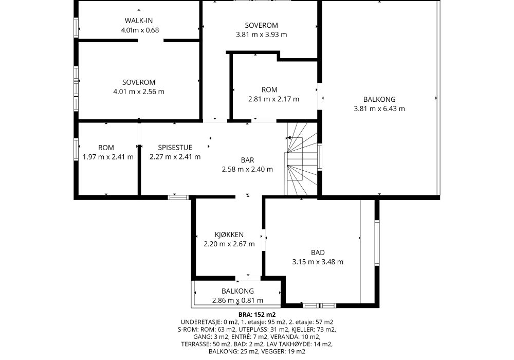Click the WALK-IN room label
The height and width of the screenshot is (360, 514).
click(139, 21)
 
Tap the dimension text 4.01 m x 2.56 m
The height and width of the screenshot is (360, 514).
click(139, 92)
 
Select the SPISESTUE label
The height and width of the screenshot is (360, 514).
click(175, 148)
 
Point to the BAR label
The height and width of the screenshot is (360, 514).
click(248, 160)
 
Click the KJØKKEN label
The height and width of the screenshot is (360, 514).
click(229, 235)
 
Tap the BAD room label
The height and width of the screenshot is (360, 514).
click(318, 253)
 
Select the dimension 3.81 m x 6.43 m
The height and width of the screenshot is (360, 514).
click(379, 109)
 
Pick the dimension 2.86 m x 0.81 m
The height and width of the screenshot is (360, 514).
click(237, 300)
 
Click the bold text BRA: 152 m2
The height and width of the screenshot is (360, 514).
click(257, 315)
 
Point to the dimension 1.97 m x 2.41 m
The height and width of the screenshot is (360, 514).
click(108, 157)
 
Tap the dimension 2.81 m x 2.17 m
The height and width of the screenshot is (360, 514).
click(274, 99)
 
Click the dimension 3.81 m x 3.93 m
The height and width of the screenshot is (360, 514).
click(262, 34)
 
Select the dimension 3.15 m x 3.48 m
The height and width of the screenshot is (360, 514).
click(318, 262)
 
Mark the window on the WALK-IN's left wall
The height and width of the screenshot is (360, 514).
click(77, 28)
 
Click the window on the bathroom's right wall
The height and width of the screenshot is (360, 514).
click(377, 243)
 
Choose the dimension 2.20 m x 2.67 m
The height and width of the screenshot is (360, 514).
click(229, 244)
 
